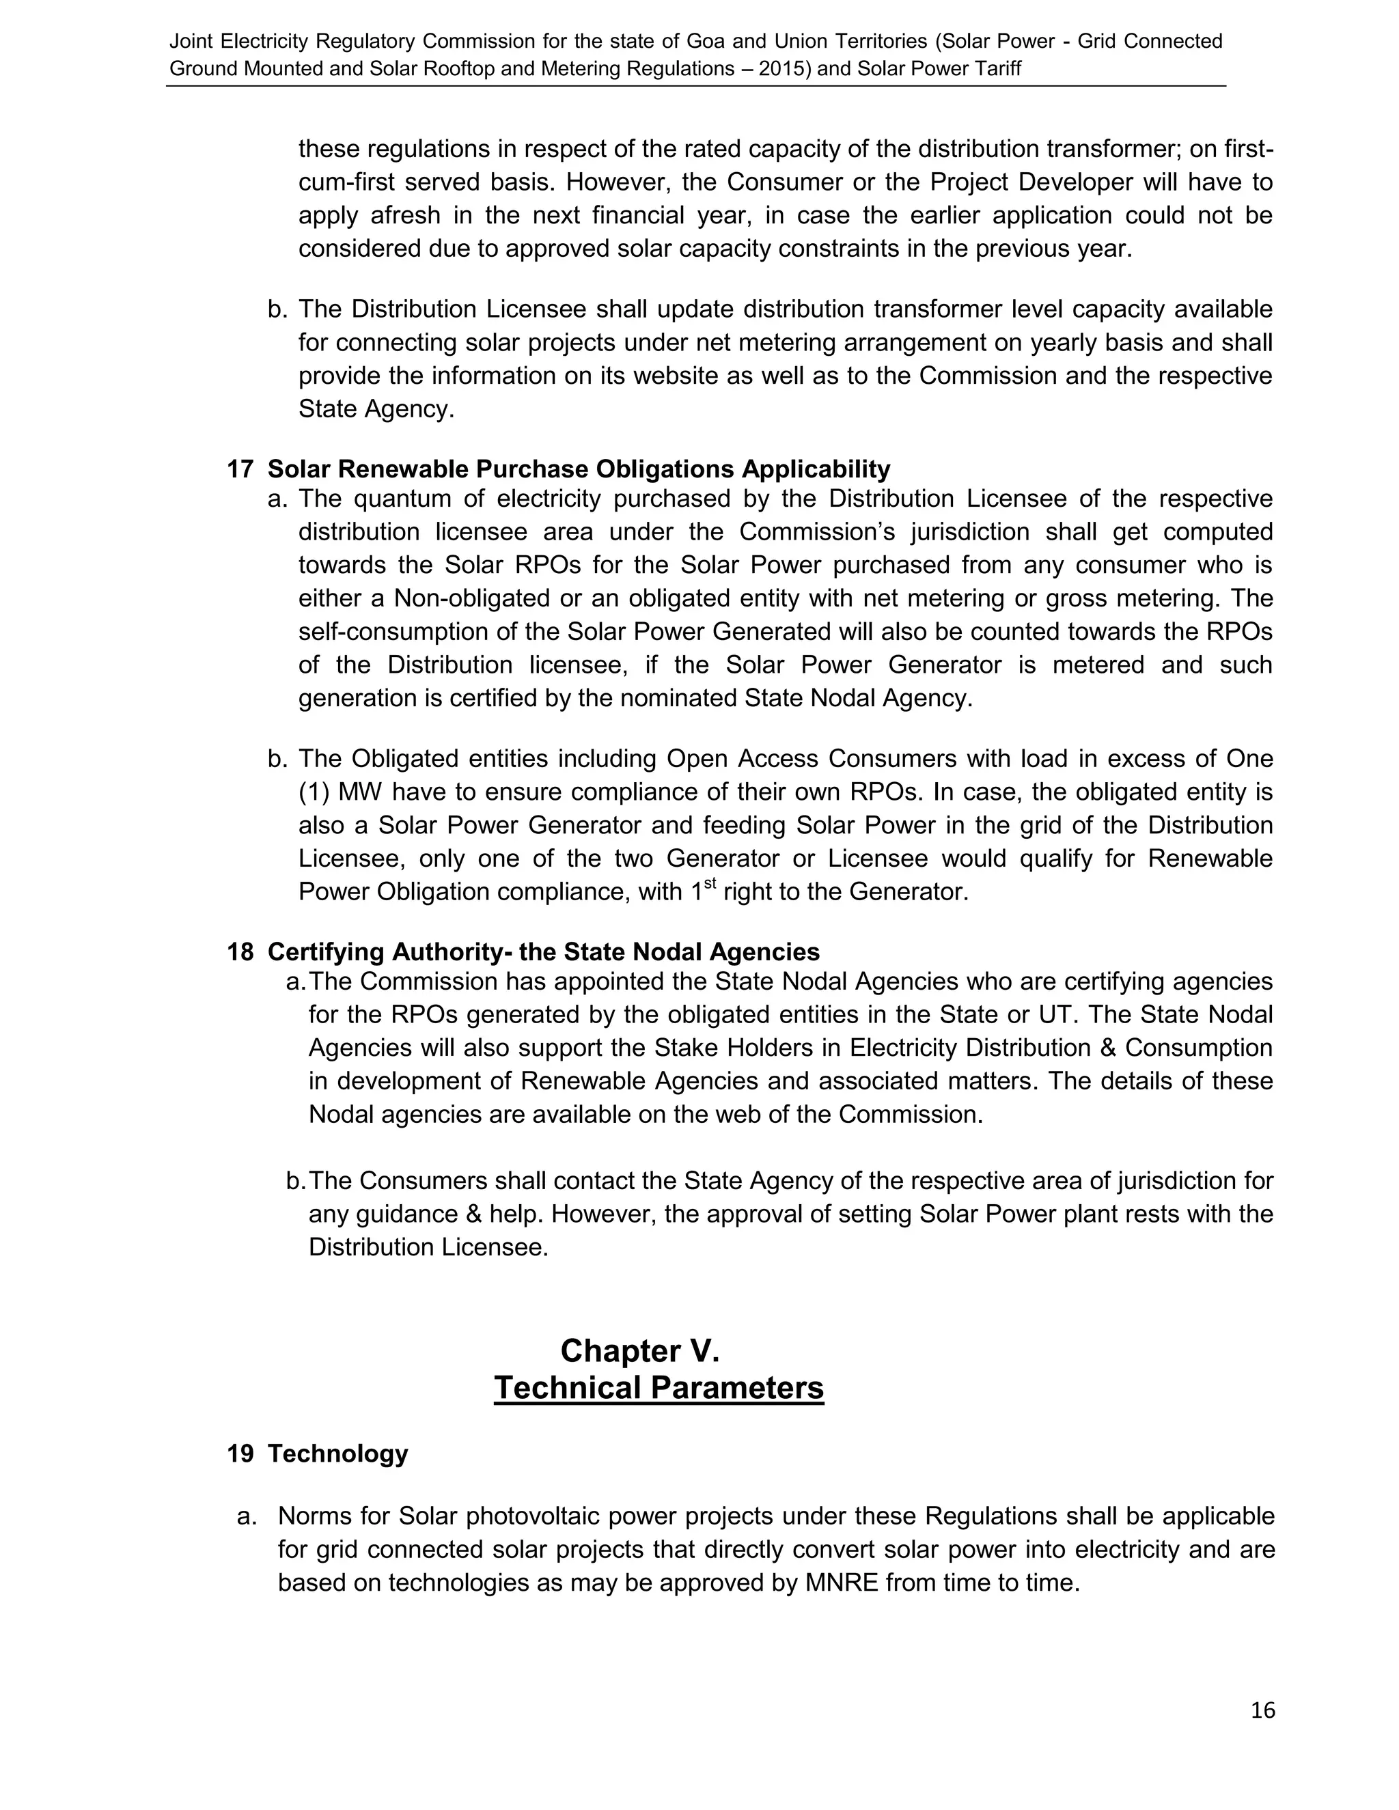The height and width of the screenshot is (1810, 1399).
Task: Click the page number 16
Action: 1262,1710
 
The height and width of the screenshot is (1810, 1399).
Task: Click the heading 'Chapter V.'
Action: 640,1352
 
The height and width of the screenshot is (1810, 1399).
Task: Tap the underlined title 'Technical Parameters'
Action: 659,1388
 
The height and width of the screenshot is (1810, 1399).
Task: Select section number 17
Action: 240,470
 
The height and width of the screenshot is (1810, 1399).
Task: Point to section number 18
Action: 240,952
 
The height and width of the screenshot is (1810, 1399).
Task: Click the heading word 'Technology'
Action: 337,1454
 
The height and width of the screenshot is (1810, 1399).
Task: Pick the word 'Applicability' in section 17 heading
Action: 816,470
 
